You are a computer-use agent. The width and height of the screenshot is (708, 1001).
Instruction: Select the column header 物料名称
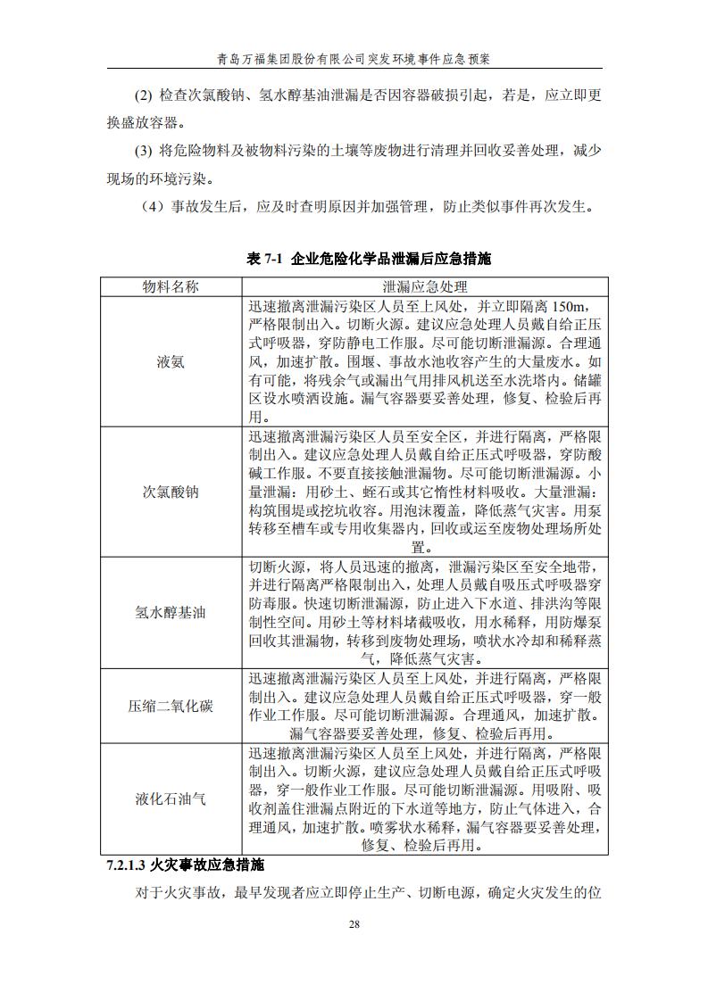171,286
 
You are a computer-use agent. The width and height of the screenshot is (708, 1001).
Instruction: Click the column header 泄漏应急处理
424,286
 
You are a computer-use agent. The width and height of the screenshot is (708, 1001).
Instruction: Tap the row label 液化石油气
171,799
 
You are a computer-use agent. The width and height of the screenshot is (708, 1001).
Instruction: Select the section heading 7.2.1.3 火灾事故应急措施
185,865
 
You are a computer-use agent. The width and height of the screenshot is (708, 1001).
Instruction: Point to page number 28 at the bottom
354,925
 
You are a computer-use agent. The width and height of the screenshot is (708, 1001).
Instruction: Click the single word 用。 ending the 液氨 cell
259,418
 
